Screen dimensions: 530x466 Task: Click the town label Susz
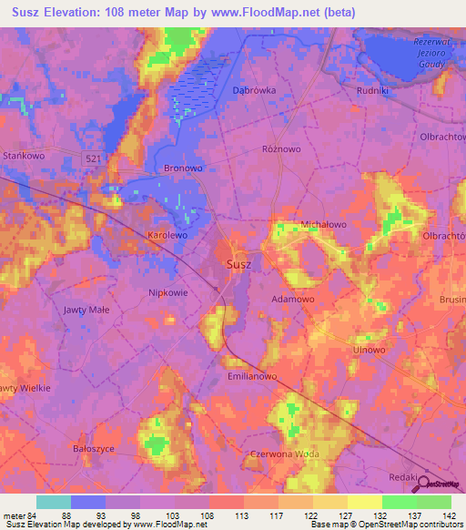click(x=238, y=265)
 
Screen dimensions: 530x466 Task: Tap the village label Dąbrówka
click(x=254, y=90)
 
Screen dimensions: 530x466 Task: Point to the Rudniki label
click(x=374, y=90)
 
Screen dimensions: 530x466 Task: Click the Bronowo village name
click(x=182, y=168)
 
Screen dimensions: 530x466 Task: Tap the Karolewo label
click(x=167, y=235)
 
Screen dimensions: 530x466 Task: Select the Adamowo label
click(x=294, y=298)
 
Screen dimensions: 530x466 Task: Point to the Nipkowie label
click(x=168, y=292)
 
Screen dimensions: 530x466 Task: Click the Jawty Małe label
click(x=86, y=311)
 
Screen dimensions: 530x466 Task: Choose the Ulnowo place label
click(x=370, y=349)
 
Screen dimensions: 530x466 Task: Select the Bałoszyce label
click(x=96, y=449)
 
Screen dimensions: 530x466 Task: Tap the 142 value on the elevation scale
click(x=446, y=515)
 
